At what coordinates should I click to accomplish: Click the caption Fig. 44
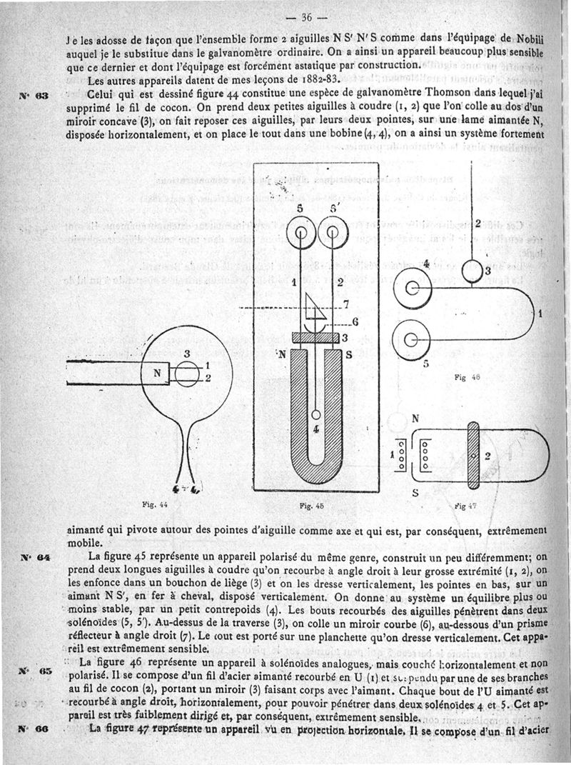coord(155,504)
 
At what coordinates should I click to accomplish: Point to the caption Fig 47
coord(465,504)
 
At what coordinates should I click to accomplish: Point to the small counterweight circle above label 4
coord(315,415)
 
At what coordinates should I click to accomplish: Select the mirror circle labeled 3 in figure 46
coord(473,271)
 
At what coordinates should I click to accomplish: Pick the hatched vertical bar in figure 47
coord(475,454)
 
